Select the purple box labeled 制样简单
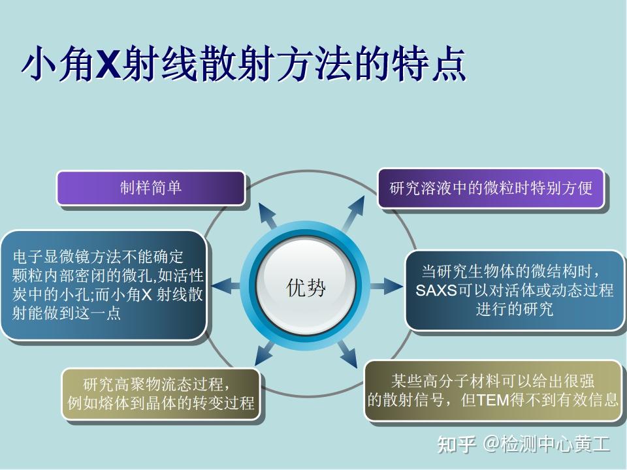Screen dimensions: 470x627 pos(151,188)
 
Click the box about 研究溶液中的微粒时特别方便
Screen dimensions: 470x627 pos(491,189)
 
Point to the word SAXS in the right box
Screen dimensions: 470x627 pos(436,290)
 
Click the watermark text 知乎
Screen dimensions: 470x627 pos(456,445)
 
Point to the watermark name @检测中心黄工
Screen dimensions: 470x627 pos(547,445)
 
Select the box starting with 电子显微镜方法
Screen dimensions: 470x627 pos(104,285)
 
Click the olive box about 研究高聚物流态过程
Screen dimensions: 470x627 pos(161,392)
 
